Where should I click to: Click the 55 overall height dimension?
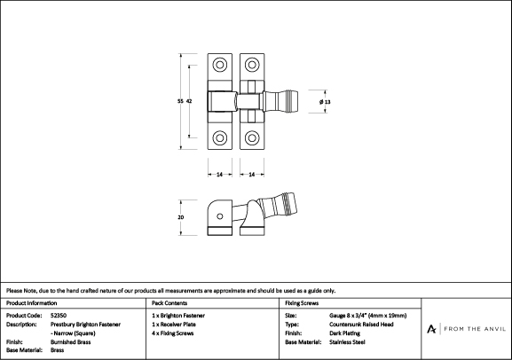pos(180,101)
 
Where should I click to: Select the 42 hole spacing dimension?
pos(189,101)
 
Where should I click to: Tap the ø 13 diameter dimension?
pos(325,102)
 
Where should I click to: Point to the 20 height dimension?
pos(180,217)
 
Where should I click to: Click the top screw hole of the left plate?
pos(220,65)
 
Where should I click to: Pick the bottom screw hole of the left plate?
pos(220,137)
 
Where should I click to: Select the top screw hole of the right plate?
pos(252,65)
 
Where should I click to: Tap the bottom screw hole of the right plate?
pos(252,137)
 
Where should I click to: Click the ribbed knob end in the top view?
pos(291,101)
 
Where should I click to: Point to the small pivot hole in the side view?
pos(220,216)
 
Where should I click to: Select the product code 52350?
pos(59,316)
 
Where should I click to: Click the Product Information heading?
pos(32,303)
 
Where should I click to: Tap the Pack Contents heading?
pos(169,303)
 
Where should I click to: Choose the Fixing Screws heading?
pos(302,303)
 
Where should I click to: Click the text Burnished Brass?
pos(70,342)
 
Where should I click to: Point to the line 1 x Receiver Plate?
pos(174,325)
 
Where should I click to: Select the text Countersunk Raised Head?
pos(361,325)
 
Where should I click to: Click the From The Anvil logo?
pos(466,329)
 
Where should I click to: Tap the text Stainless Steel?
pos(347,342)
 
